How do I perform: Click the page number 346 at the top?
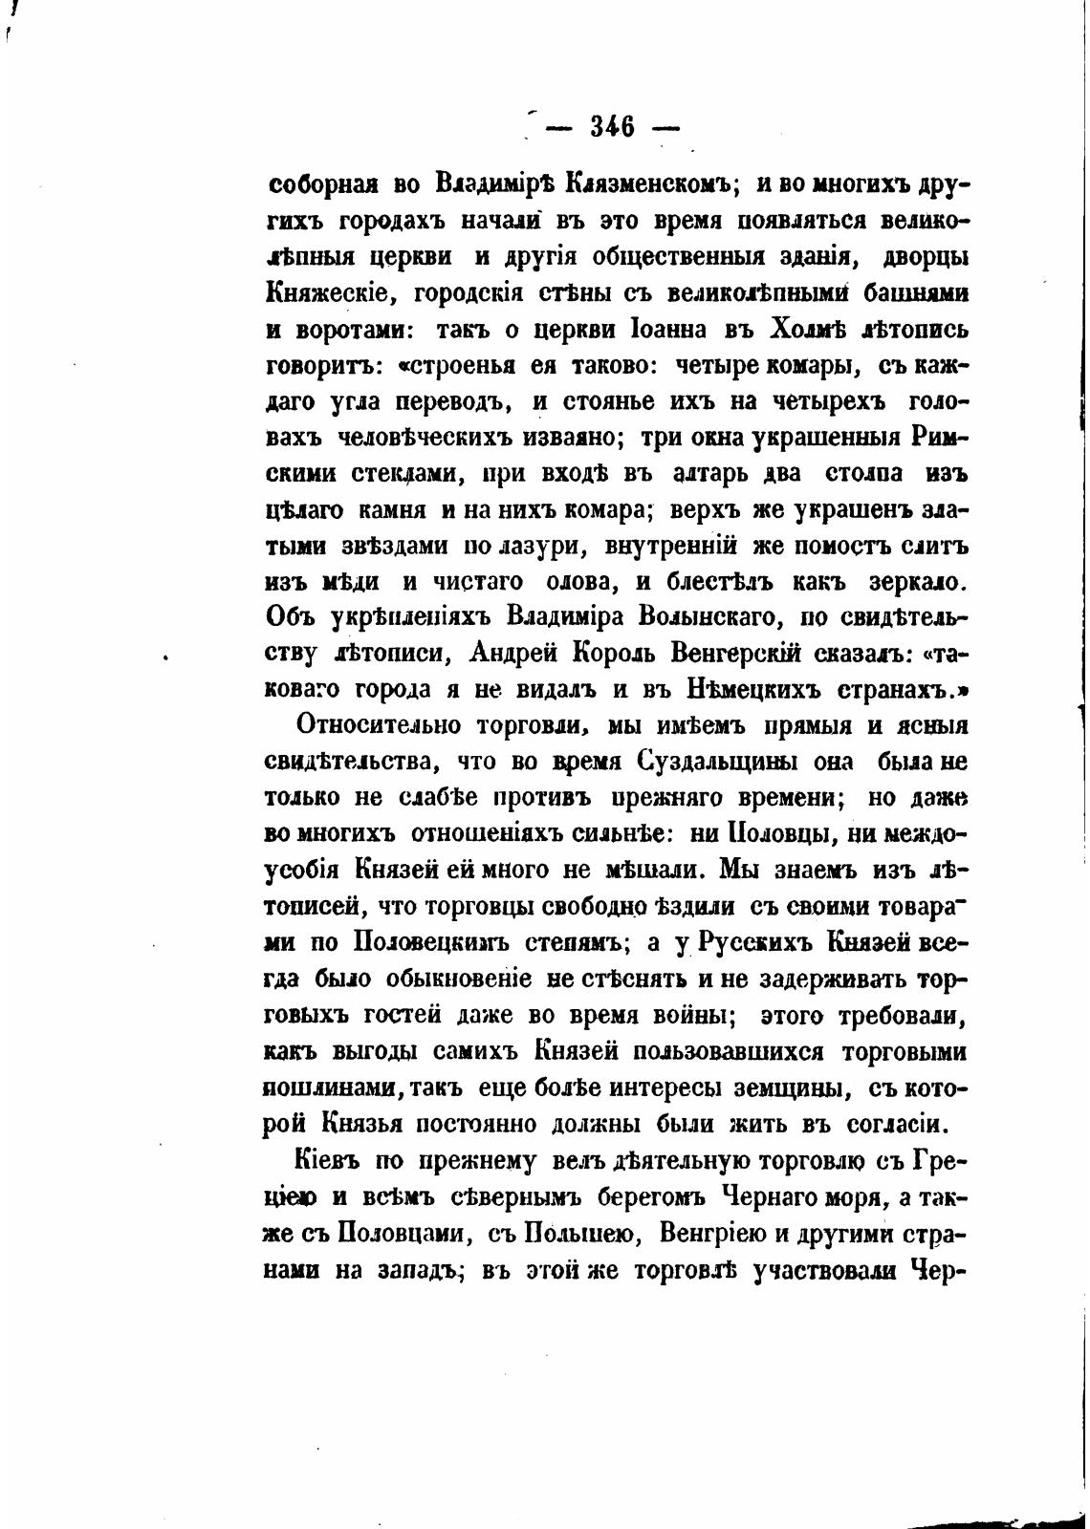(x=612, y=126)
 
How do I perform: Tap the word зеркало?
(x=920, y=582)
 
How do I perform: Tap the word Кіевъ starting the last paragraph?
(x=328, y=1161)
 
